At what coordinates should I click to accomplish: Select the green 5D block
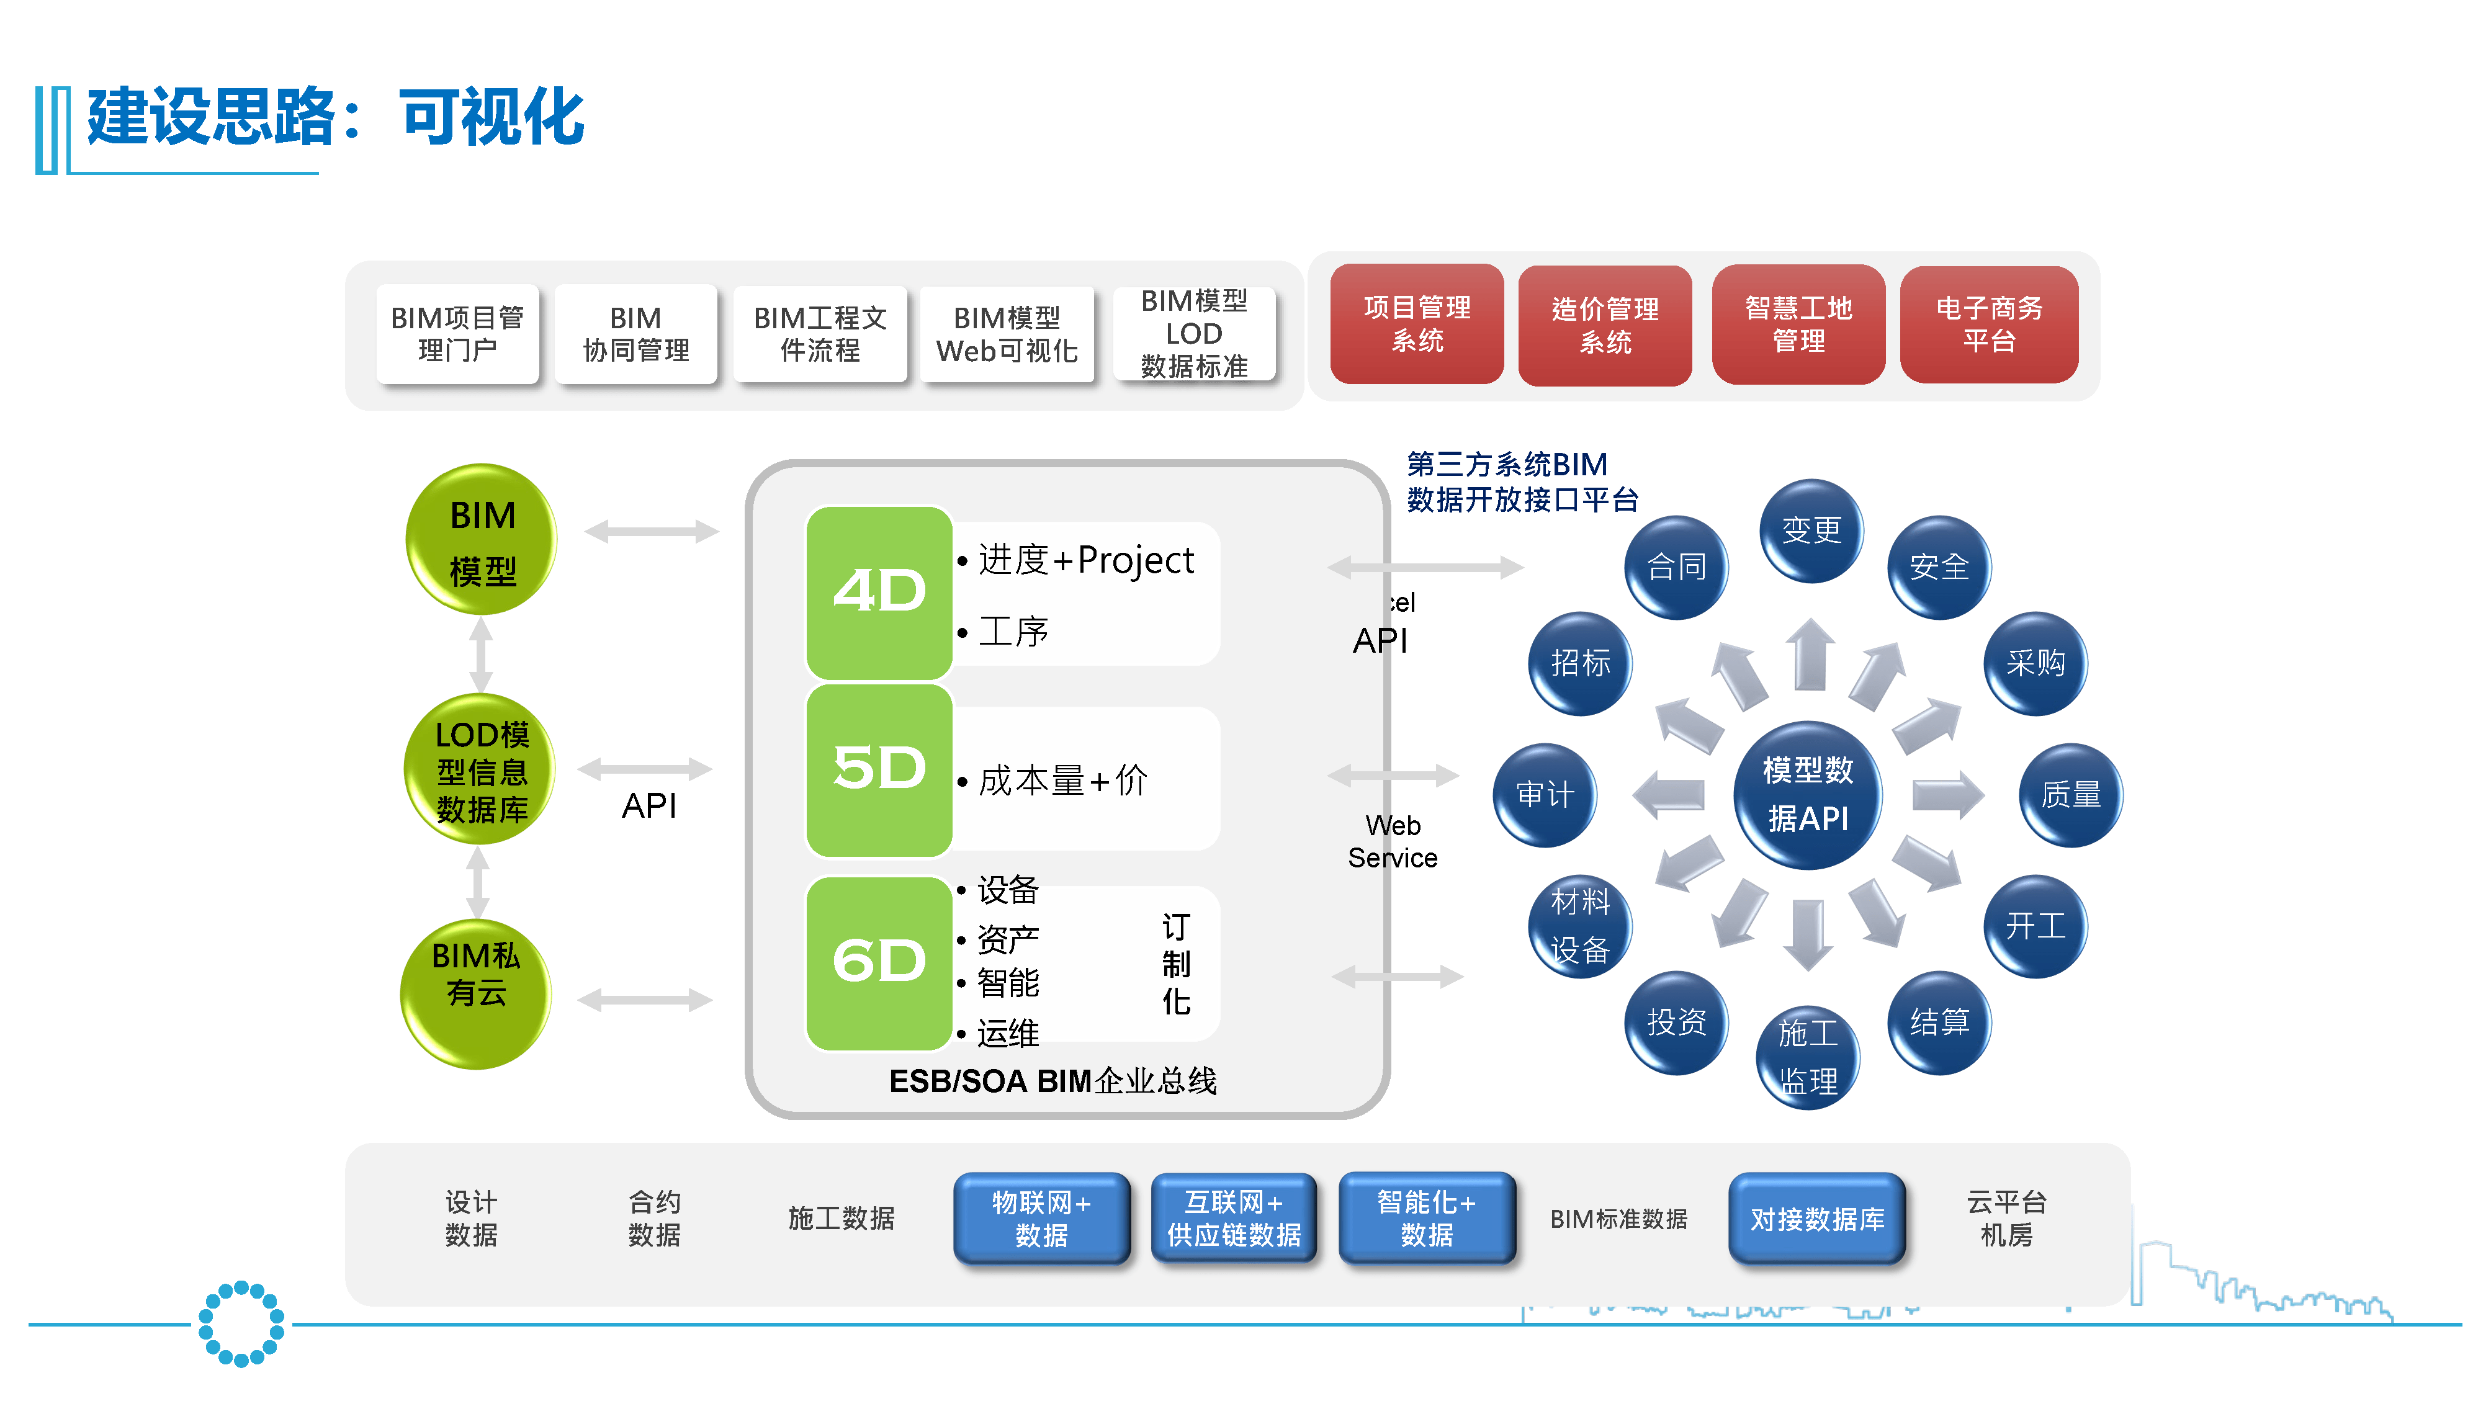click(879, 769)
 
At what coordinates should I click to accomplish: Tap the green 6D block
click(879, 962)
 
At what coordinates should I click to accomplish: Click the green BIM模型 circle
click(482, 540)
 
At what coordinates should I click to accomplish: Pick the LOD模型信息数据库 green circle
click(480, 771)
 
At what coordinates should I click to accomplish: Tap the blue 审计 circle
click(1545, 795)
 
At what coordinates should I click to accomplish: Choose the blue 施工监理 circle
click(1807, 1057)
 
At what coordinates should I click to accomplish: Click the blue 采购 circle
click(2035, 663)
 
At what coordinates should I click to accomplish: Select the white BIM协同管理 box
click(635, 334)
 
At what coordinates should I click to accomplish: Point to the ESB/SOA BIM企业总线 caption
click(1052, 1081)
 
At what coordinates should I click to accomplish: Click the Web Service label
click(1393, 841)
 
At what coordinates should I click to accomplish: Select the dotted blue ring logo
click(241, 1323)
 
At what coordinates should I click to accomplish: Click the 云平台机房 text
click(2006, 1218)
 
